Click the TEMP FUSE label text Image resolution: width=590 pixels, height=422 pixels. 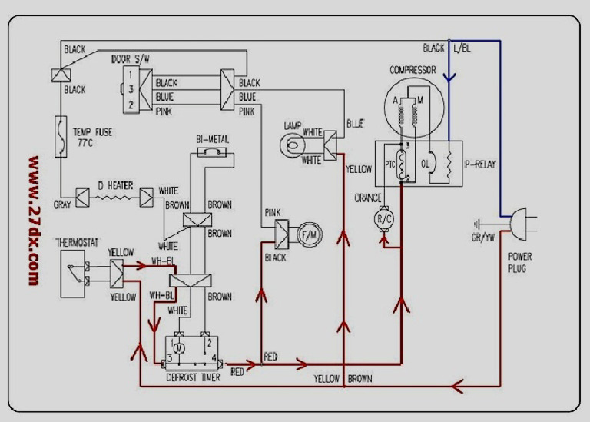(92, 137)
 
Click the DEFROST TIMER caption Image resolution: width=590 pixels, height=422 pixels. (194, 377)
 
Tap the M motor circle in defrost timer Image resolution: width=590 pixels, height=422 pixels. (178, 349)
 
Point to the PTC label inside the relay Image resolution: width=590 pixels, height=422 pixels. (389, 165)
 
